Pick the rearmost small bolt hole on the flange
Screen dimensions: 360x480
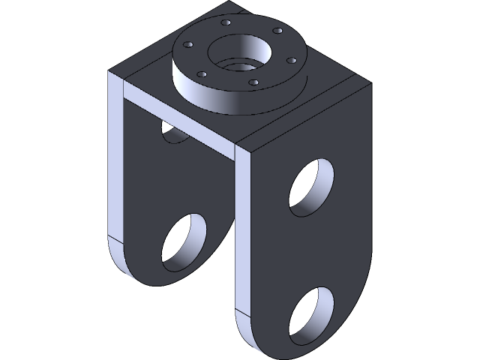[x=226, y=23]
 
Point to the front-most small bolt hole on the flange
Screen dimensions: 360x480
[x=253, y=82]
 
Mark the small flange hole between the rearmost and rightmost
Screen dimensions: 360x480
[x=277, y=31]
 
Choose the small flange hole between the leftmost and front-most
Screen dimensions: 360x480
[x=202, y=74]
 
